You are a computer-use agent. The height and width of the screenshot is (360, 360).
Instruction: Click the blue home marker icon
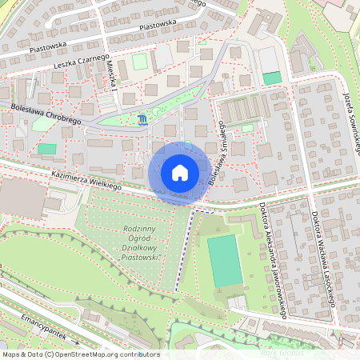pyautogui.click(x=180, y=173)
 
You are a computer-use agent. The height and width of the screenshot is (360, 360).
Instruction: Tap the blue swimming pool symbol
pyautogui.click(x=142, y=120)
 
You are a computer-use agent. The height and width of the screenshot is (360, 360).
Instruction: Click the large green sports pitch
pyautogui.click(x=224, y=262)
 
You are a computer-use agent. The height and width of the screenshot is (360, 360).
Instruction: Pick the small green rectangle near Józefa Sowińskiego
pyautogui.click(x=272, y=78)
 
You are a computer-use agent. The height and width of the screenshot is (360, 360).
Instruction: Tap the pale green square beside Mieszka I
pyautogui.click(x=140, y=62)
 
